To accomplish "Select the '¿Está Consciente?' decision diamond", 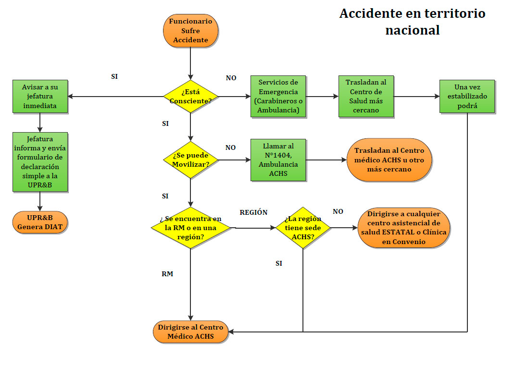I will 191,96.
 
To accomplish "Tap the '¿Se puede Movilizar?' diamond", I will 191,159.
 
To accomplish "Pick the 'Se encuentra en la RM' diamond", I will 191,228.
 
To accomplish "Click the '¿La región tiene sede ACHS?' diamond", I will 303,228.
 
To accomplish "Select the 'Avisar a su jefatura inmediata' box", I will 40,96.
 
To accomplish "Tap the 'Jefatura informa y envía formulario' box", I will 40,162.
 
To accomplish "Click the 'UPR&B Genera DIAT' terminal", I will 40,222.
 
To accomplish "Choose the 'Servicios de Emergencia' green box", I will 278,96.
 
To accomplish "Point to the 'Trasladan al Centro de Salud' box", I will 365,96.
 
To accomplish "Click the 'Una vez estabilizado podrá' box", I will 467,96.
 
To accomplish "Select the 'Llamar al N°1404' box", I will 278,159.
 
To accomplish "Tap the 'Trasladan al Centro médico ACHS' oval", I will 389,159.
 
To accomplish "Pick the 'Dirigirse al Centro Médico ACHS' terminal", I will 191,331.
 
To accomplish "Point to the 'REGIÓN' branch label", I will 253,212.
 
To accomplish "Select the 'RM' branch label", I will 167,274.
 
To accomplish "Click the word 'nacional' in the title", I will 412,30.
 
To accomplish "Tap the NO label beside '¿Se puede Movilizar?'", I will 230,147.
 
